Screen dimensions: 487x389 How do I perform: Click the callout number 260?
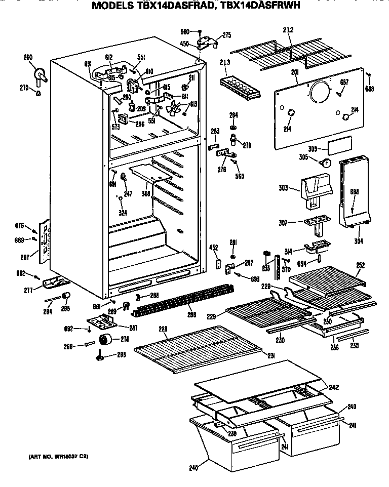click(x=28, y=57)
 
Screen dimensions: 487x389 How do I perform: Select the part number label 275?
click(x=226, y=35)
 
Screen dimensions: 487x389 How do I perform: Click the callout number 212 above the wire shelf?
click(x=288, y=30)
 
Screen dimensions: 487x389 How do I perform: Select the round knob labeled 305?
click(x=325, y=163)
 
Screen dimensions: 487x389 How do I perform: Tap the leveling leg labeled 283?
click(x=100, y=358)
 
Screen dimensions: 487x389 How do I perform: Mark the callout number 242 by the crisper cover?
click(x=333, y=387)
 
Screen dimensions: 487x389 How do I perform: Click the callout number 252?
click(x=360, y=265)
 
